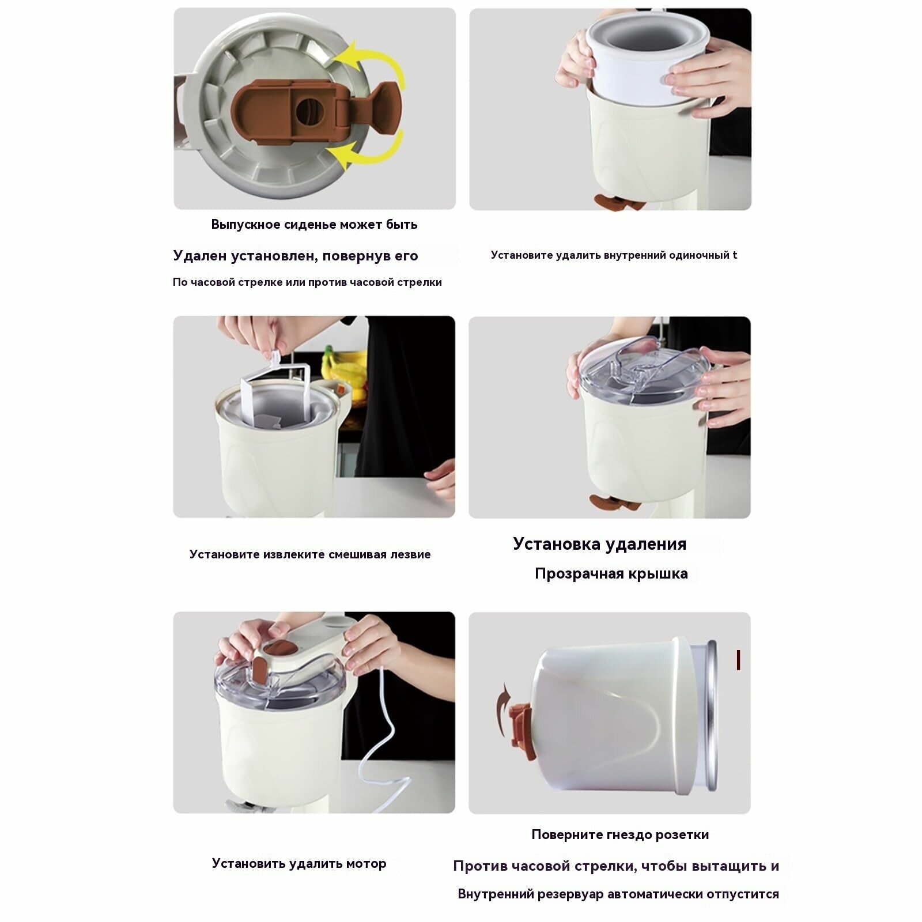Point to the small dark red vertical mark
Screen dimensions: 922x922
click(x=738, y=660)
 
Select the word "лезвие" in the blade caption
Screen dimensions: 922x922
click(x=410, y=554)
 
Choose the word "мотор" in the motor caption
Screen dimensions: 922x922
click(x=366, y=864)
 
